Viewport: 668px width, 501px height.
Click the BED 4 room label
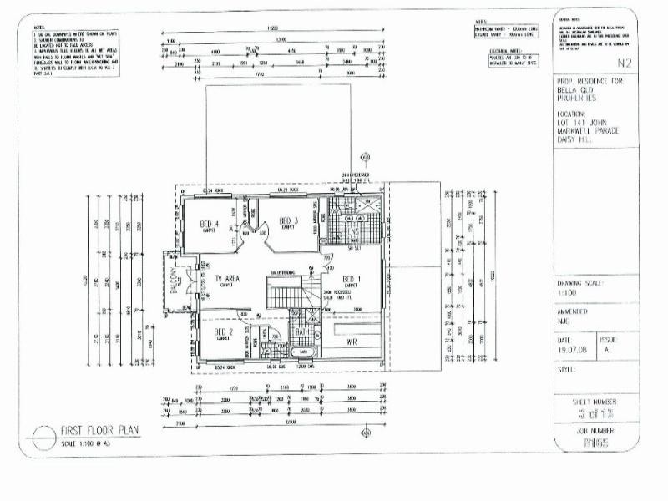point(210,223)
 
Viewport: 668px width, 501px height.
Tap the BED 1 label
point(351,278)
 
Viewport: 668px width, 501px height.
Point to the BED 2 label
point(223,332)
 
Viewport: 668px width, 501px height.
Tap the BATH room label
point(303,332)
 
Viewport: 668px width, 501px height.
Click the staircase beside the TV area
point(286,293)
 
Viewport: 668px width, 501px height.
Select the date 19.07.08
point(572,351)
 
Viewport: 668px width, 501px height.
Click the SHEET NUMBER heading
point(595,401)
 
